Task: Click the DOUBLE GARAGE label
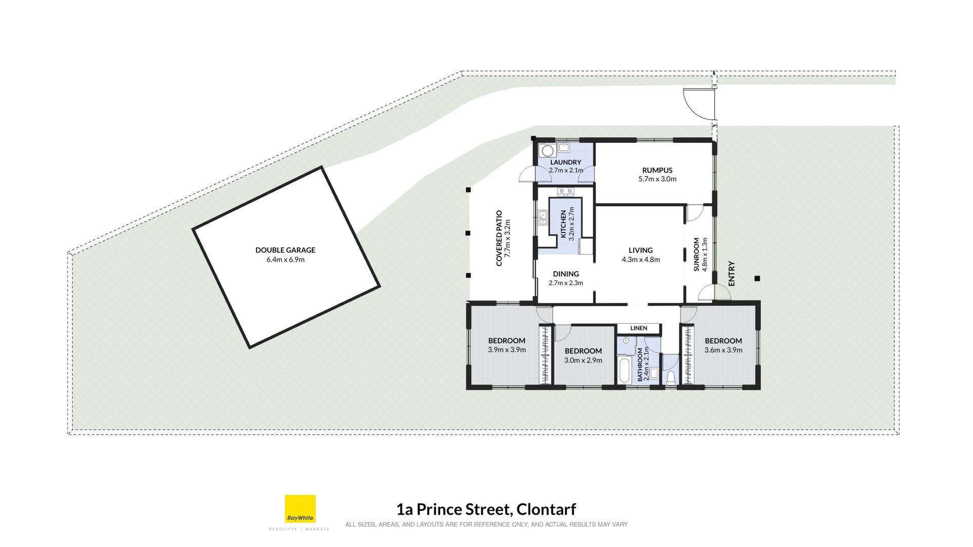(x=285, y=250)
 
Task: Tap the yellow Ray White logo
(x=300, y=509)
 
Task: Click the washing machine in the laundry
(x=547, y=150)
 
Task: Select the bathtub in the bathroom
(x=624, y=370)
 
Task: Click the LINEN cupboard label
(x=639, y=328)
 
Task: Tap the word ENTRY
(x=731, y=273)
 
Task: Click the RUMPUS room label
(x=657, y=170)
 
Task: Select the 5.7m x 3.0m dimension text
(x=657, y=179)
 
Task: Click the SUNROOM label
(x=696, y=254)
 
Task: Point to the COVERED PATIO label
(x=499, y=238)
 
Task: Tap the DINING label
(x=566, y=274)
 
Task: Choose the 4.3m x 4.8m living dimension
(x=641, y=260)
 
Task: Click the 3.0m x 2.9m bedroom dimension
(x=583, y=361)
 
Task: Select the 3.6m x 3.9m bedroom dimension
(x=723, y=350)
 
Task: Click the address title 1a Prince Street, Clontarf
(x=486, y=509)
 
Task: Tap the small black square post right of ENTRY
(x=757, y=279)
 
